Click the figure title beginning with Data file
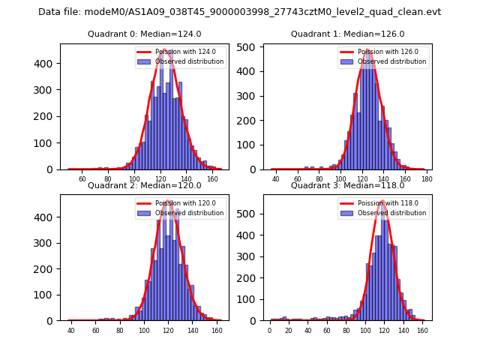pyautogui.click(x=239, y=12)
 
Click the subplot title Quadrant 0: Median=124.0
pyautogui.click(x=144, y=34)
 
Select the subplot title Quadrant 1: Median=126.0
pyautogui.click(x=347, y=34)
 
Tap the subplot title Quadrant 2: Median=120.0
pyautogui.click(x=144, y=185)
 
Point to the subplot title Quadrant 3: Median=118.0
pyautogui.click(x=347, y=185)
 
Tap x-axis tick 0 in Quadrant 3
pyautogui.click(x=270, y=331)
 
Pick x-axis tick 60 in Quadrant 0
pyautogui.click(x=82, y=180)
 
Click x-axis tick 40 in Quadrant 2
pyautogui.click(x=71, y=331)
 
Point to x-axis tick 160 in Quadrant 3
pyautogui.click(x=422, y=331)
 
